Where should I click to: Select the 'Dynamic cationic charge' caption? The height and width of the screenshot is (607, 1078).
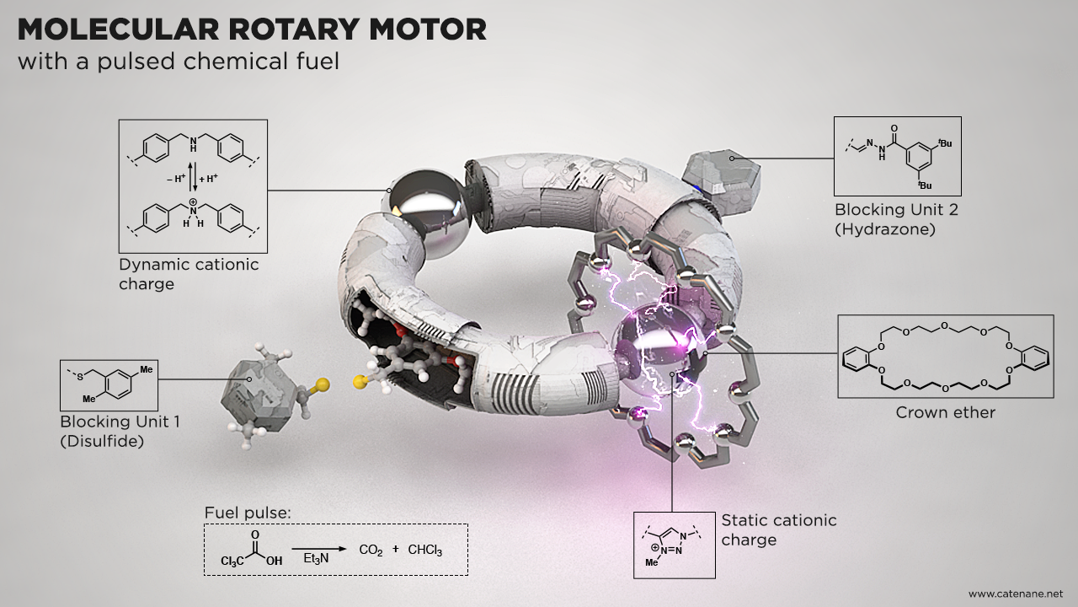pos(189,274)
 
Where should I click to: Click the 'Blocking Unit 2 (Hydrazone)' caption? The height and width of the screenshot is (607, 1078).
pos(896,218)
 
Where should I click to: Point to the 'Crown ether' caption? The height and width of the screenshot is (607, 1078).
pos(945,412)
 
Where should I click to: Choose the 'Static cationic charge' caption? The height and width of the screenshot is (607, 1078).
pos(779,529)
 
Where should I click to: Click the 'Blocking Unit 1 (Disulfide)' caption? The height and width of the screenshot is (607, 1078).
pos(120,430)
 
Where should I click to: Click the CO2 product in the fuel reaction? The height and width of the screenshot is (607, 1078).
pos(371,551)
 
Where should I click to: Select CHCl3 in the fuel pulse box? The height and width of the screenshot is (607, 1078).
pos(424,551)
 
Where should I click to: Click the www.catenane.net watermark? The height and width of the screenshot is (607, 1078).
pos(1016,593)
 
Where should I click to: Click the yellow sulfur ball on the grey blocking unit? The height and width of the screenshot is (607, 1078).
pos(323,386)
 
